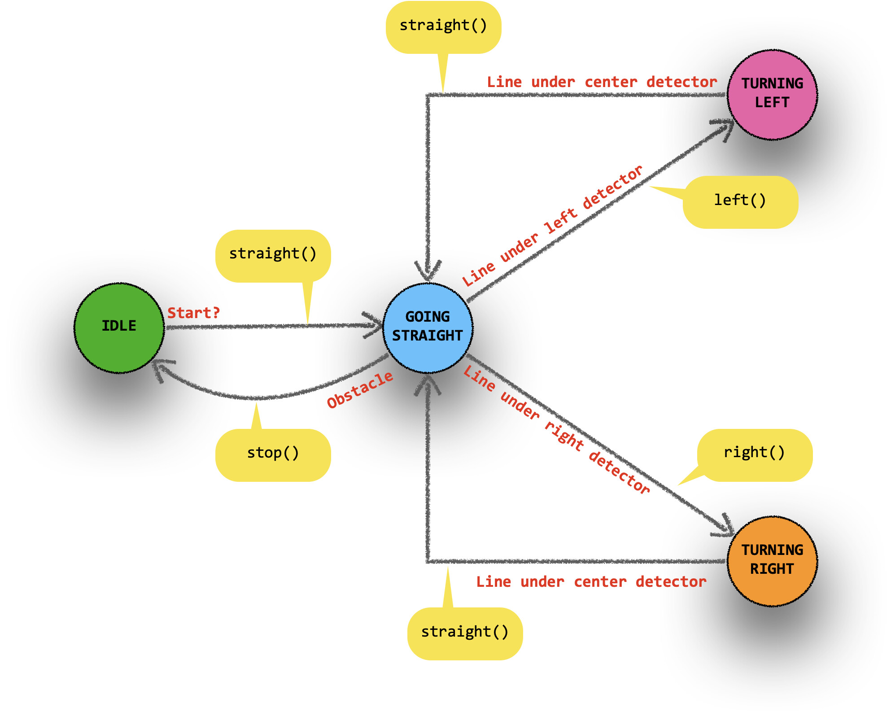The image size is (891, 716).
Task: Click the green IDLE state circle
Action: [119, 328]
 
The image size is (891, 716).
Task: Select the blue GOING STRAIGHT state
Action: [428, 328]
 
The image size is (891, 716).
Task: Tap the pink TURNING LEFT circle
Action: [772, 95]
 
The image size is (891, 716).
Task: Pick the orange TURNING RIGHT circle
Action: [772, 561]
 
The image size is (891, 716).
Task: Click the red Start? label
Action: [193, 313]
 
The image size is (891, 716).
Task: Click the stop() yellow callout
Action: [273, 454]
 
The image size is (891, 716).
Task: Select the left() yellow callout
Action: [740, 201]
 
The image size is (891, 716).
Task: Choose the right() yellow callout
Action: [755, 454]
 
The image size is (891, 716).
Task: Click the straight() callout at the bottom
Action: [465, 633]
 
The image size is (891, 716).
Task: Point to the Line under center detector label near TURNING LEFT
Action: [602, 82]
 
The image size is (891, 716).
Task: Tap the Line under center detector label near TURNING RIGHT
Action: [591, 582]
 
